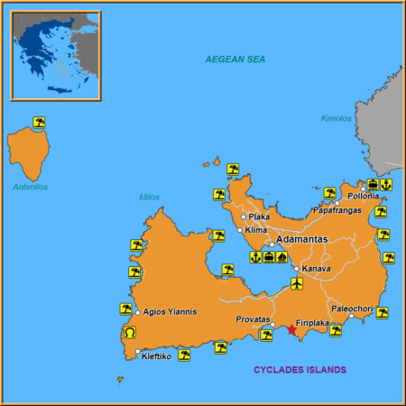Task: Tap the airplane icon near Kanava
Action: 298,283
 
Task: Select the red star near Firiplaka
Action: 291,330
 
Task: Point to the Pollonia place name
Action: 363,196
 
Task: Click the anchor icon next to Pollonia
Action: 386,184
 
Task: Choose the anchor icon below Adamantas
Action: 255,257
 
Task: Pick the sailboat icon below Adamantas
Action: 281,257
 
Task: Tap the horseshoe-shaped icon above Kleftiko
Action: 127,335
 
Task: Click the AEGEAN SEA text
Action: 236,59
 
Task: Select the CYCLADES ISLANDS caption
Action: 300,370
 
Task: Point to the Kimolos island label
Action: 336,118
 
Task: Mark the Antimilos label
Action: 31,187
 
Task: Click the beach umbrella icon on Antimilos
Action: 39,122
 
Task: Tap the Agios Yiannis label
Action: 170,312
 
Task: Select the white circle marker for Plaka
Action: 243,217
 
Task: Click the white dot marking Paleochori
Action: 352,317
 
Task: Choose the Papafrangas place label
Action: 309,210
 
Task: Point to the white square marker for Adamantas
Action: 271,245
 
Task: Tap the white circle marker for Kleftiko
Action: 137,352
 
